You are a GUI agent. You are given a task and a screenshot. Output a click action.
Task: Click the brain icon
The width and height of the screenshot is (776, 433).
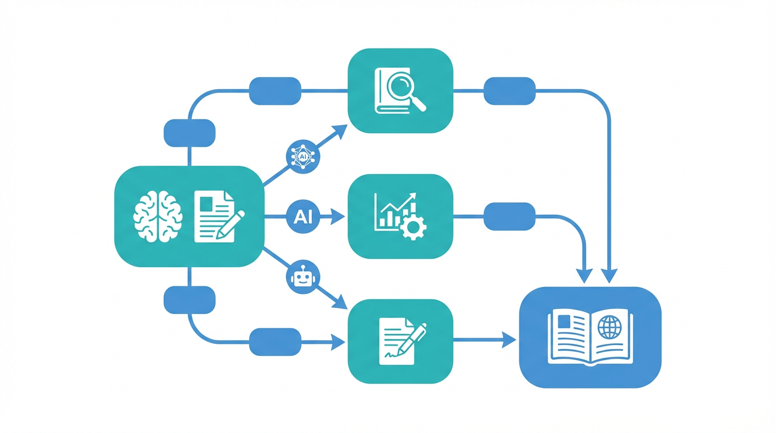click(x=158, y=216)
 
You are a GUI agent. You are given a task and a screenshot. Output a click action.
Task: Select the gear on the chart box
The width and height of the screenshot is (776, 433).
click(x=413, y=227)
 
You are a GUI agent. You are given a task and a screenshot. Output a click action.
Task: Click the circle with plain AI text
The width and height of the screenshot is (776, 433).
click(x=303, y=216)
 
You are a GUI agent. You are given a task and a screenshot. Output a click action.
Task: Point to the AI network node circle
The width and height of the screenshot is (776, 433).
click(x=303, y=157)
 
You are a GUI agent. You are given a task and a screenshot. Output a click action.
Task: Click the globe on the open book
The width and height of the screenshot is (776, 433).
click(x=610, y=327)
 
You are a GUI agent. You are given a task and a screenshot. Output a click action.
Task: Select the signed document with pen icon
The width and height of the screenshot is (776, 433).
click(x=402, y=341)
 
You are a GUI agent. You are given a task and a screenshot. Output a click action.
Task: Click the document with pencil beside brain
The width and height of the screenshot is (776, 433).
click(x=219, y=216)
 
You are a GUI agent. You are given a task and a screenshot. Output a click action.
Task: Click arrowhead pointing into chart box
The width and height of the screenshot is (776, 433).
click(x=338, y=217)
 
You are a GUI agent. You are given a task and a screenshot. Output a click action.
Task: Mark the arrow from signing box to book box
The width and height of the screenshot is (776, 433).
click(x=484, y=340)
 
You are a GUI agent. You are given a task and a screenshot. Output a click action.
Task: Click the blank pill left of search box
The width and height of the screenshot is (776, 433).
click(x=275, y=91)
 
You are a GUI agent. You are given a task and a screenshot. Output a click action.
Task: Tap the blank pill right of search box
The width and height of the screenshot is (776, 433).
click(x=510, y=91)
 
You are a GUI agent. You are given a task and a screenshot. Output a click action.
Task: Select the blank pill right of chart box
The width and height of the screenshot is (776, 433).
click(x=510, y=216)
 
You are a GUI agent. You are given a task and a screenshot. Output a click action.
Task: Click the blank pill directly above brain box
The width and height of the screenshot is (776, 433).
click(x=189, y=133)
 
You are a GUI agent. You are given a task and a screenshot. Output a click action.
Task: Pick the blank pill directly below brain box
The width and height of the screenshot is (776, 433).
click(x=189, y=300)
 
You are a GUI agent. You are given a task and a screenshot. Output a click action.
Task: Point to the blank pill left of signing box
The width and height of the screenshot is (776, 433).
click(x=275, y=342)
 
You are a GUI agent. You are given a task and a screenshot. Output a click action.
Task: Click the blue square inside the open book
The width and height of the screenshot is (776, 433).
click(x=564, y=321)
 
